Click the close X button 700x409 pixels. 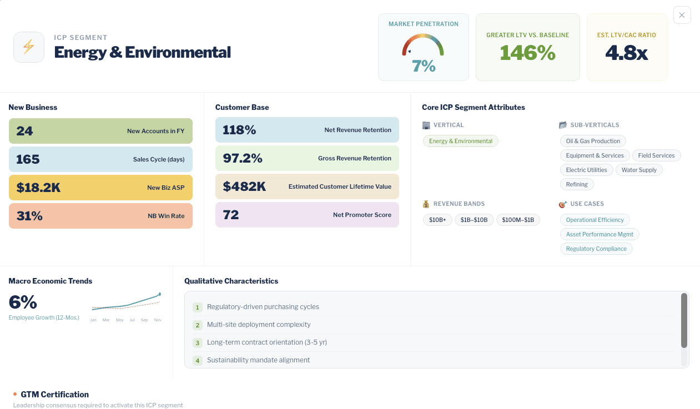[682, 15]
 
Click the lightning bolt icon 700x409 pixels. [29, 47]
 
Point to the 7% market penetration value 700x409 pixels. [424, 66]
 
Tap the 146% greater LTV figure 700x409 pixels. [527, 53]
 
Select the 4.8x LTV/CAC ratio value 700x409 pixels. [626, 53]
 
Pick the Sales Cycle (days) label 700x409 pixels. [159, 159]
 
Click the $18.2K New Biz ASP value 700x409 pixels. [38, 188]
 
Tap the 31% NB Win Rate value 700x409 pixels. [29, 216]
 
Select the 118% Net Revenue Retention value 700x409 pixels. [239, 130]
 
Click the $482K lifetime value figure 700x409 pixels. [244, 186]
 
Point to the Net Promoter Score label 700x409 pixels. [362, 215]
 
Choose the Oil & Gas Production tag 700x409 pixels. [593, 141]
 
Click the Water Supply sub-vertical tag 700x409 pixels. [639, 170]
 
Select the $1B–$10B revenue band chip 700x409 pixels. [474, 220]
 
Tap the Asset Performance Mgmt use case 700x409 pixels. [600, 234]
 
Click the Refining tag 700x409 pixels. [577, 184]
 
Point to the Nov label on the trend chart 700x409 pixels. [158, 320]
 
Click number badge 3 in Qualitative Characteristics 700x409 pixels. [197, 343]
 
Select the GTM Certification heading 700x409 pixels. [54, 395]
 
